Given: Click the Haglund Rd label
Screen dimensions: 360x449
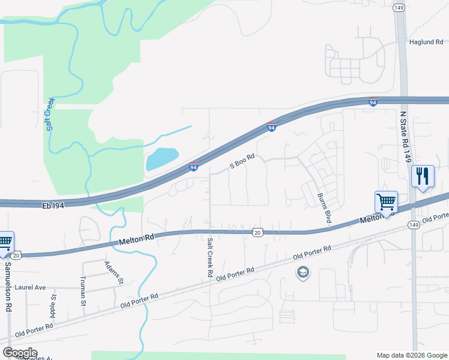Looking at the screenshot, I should [x=426, y=42].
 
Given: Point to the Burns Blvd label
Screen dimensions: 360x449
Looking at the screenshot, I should [x=324, y=208].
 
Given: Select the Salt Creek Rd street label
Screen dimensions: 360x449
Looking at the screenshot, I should [x=210, y=257].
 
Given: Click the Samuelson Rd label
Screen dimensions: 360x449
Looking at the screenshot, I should [x=8, y=286].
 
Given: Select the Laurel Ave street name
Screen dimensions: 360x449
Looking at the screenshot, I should [x=31, y=288].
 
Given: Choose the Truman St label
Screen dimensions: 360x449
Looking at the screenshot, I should [x=83, y=292].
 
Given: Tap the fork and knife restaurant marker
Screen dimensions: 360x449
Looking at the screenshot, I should [x=423, y=176].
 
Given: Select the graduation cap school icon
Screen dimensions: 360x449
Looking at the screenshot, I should [x=303, y=273].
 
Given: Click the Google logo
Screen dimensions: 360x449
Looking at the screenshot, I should [x=19, y=353].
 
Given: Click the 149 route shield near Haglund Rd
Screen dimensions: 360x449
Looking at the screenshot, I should [x=398, y=8].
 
